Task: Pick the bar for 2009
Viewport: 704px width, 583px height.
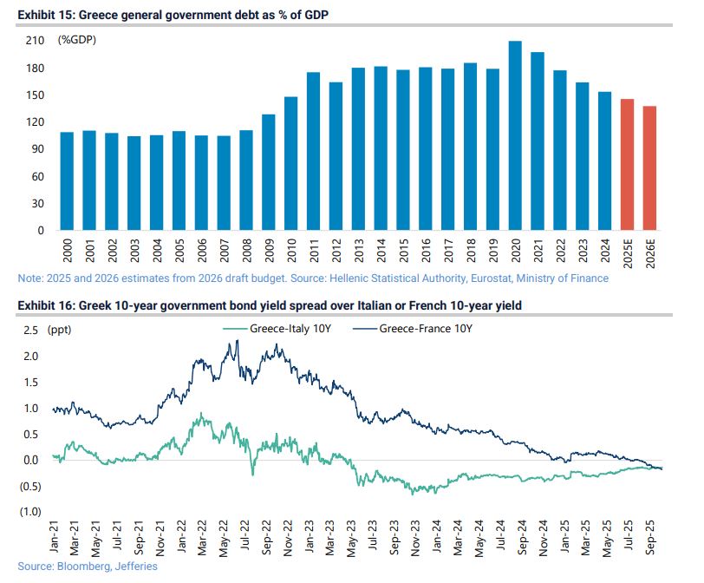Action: tap(269, 173)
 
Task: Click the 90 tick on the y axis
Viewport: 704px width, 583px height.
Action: tap(37, 149)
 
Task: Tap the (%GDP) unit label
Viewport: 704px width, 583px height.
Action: tap(77, 41)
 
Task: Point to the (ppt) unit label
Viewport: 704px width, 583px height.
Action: tap(63, 331)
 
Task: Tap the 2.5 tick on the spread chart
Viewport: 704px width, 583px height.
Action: tap(31, 331)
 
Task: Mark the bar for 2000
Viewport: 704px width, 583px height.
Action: tap(67, 181)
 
